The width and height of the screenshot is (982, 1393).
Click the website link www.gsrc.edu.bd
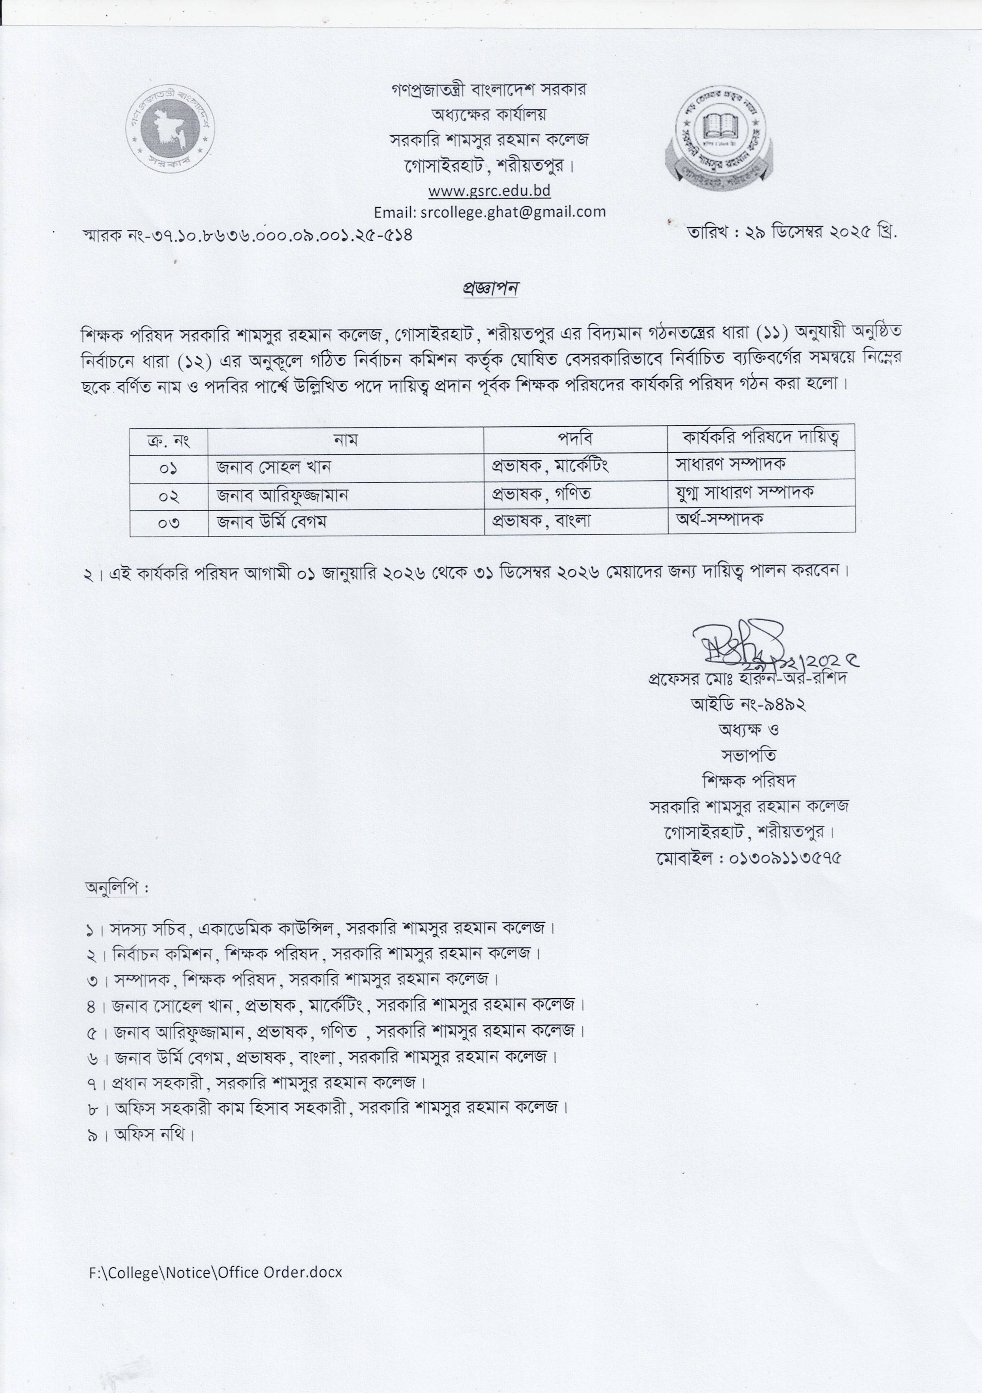pyautogui.click(x=489, y=190)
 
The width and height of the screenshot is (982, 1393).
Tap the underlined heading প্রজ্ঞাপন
pyautogui.click(x=488, y=288)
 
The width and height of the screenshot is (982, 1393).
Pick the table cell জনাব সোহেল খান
pyautogui.click(x=274, y=467)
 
